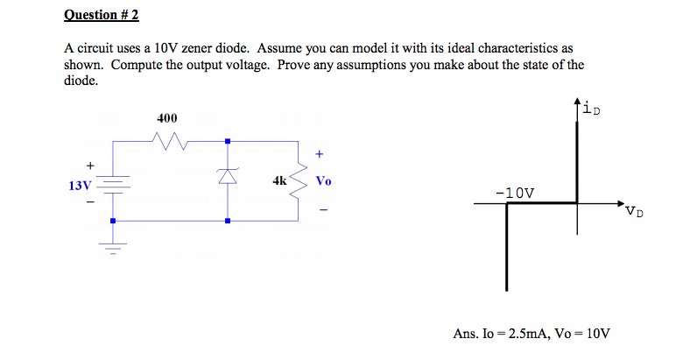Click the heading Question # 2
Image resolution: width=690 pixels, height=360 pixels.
[101, 15]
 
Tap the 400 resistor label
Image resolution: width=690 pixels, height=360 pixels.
[166, 118]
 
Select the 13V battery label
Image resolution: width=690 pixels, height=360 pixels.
[79, 186]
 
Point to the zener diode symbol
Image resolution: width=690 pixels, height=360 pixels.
[227, 178]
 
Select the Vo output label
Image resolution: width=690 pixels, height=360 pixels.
[323, 181]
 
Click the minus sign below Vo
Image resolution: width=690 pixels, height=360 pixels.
[320, 209]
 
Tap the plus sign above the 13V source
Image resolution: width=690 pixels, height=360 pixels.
[88, 164]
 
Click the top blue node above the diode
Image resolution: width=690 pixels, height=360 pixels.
[227, 140]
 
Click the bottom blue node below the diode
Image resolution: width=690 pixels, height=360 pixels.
[227, 221]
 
